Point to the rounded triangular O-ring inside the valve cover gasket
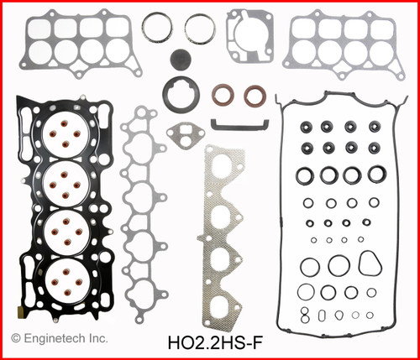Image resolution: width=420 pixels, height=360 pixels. tap(366, 266)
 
